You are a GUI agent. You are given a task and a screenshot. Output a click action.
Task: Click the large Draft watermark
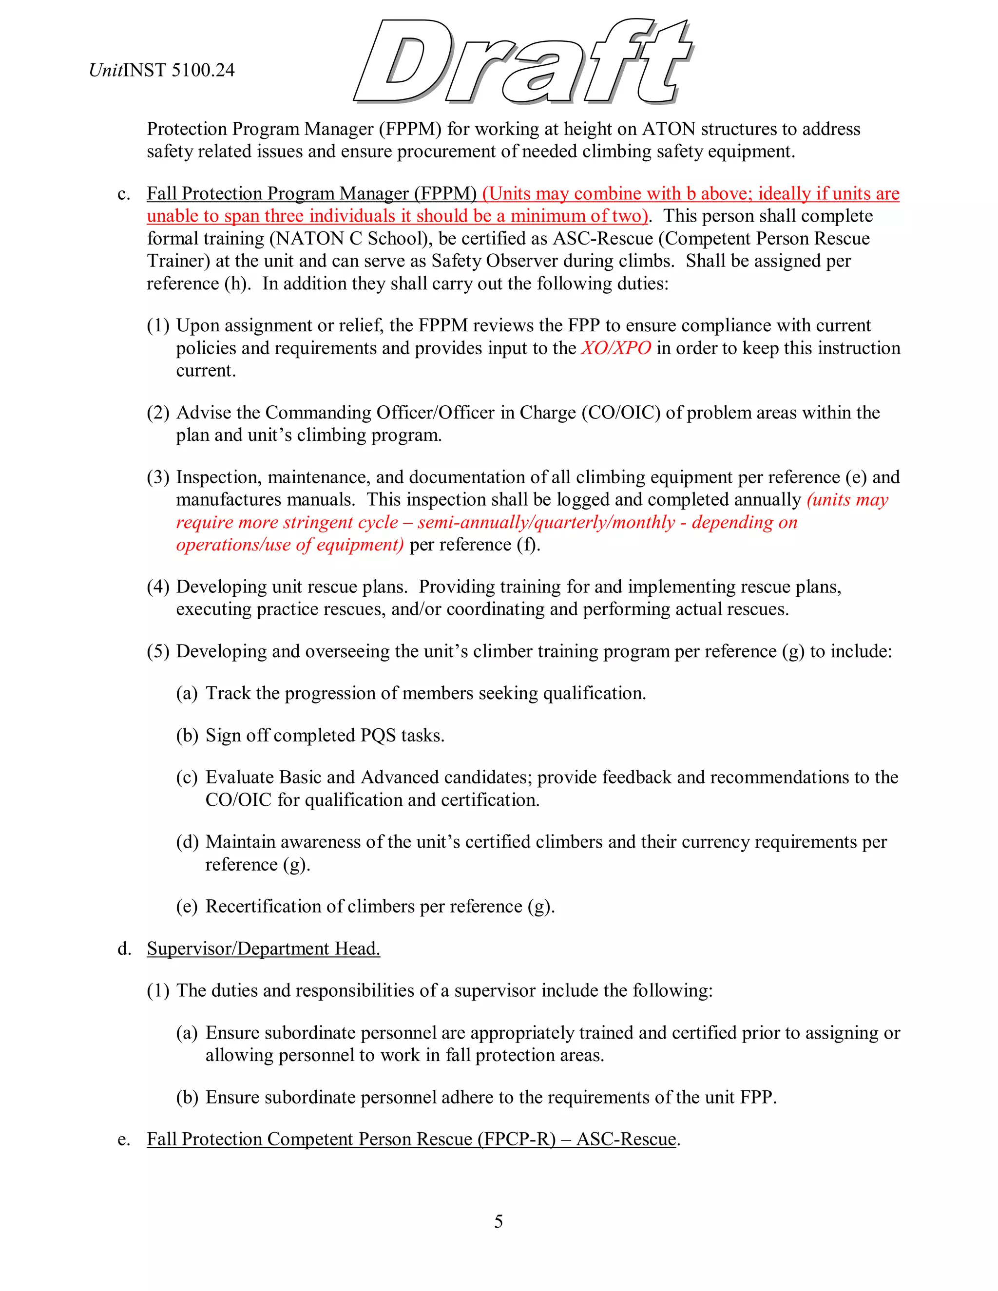[x=523, y=62]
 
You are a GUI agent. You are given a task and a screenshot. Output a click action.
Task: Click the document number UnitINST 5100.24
[x=162, y=70]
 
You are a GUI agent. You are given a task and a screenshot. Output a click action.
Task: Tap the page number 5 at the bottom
[x=499, y=1221]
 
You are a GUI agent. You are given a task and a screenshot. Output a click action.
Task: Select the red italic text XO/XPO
[x=616, y=348]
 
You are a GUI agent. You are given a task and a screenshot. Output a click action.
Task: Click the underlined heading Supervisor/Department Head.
[x=263, y=948]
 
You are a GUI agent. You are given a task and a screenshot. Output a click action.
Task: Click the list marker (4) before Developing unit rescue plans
[x=158, y=587]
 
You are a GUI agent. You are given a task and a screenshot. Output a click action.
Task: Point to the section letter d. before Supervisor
[x=124, y=948]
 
